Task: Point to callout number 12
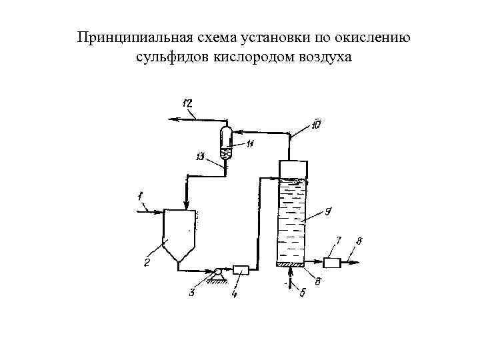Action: click(x=187, y=103)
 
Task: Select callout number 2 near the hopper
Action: click(x=147, y=263)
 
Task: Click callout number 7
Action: click(x=339, y=239)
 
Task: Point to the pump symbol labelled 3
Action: click(x=217, y=271)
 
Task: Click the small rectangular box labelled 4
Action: click(x=240, y=270)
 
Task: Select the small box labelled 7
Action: click(x=332, y=262)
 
